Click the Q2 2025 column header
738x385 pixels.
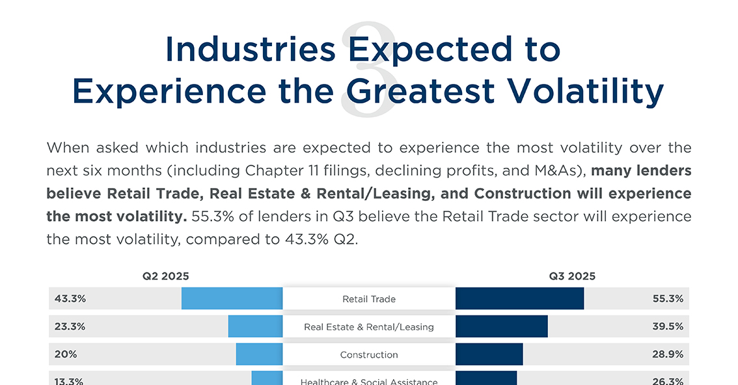[x=166, y=276]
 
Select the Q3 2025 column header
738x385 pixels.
[x=572, y=276]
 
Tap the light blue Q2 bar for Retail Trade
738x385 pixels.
[x=232, y=299]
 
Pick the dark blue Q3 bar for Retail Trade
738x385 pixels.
[x=519, y=299]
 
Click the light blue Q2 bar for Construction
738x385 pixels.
[x=259, y=354]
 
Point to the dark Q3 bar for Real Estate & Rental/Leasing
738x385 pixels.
[x=501, y=326]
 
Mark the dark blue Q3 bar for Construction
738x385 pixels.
[x=489, y=354]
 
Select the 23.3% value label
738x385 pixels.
[x=70, y=326]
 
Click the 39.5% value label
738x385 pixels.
[x=668, y=326]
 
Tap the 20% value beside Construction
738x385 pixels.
[x=66, y=354]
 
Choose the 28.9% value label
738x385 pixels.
[x=668, y=354]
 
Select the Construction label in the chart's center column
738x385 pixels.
[x=369, y=355]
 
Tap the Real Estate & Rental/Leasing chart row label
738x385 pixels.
[x=369, y=327]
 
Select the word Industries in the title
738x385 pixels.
[x=251, y=49]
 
